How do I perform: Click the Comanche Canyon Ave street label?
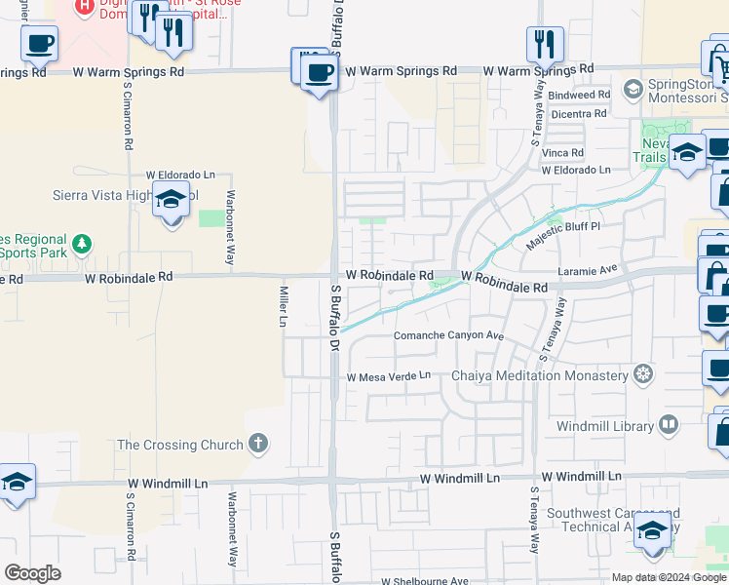point(447,335)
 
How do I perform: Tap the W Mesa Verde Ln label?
point(388,376)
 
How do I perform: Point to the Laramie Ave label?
point(588,268)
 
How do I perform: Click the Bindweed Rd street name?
point(579,96)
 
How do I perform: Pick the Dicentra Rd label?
point(579,114)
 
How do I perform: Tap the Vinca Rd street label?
point(563,153)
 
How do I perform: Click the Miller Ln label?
point(284,307)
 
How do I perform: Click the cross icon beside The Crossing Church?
point(258,445)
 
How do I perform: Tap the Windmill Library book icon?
point(669,425)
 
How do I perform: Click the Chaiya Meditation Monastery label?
point(539,375)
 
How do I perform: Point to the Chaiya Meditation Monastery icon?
point(642,374)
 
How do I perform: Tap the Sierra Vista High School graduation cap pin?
point(172,201)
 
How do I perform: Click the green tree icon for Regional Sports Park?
point(84,242)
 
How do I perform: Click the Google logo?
point(32,573)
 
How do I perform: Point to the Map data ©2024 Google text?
point(670,577)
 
